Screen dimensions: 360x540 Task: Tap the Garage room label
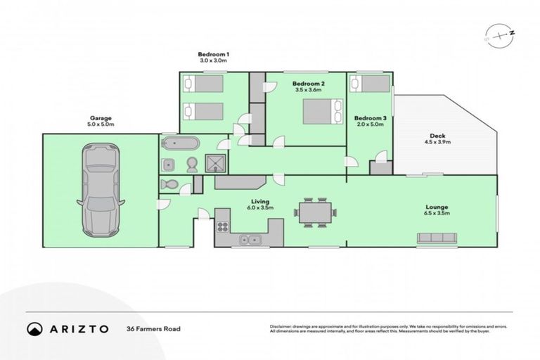click(x=101, y=118)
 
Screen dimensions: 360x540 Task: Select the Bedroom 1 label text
click(x=214, y=54)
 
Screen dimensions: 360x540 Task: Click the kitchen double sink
click(x=250, y=240)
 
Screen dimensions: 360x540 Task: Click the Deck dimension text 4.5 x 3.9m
click(x=437, y=142)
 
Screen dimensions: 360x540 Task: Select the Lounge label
click(x=437, y=207)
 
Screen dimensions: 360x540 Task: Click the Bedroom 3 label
click(x=370, y=117)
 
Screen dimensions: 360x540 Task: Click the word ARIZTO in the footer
click(x=79, y=328)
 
